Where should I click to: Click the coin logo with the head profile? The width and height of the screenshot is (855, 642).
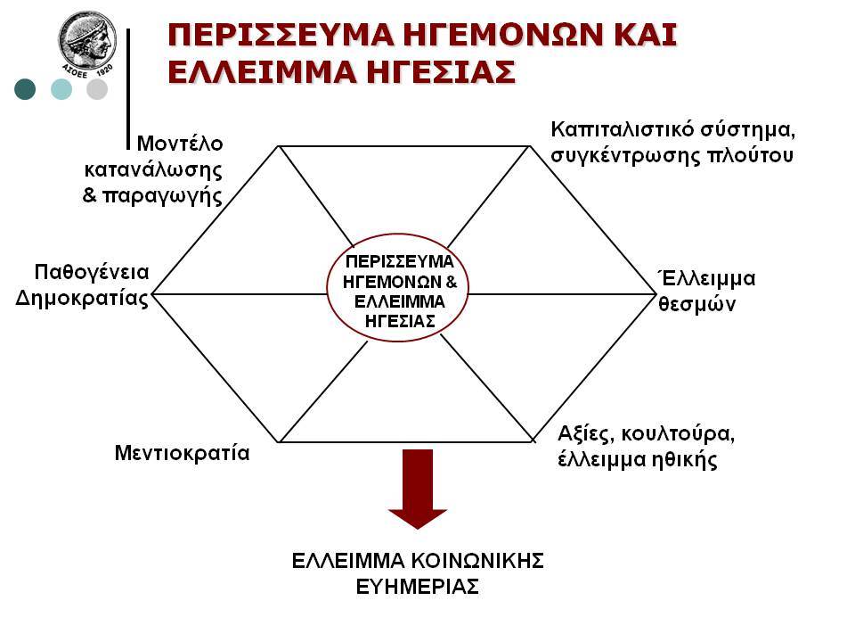[87, 44]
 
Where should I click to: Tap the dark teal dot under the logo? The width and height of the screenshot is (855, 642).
[25, 89]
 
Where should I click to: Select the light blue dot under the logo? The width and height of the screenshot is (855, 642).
[61, 89]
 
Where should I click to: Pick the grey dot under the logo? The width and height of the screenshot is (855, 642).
[97, 89]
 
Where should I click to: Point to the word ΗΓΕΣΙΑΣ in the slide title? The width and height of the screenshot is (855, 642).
[441, 72]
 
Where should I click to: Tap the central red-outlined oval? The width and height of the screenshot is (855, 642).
[398, 288]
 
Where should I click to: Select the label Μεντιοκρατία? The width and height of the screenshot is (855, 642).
[182, 453]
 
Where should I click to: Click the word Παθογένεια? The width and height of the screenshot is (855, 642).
[92, 272]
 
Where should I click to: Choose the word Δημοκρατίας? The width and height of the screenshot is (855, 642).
[82, 299]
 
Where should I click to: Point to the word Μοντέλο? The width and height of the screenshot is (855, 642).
[180, 144]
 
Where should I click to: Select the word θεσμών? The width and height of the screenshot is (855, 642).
[696, 304]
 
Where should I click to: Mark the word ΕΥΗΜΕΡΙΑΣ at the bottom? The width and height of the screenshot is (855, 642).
[418, 587]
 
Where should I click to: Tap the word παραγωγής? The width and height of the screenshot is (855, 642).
[162, 196]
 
